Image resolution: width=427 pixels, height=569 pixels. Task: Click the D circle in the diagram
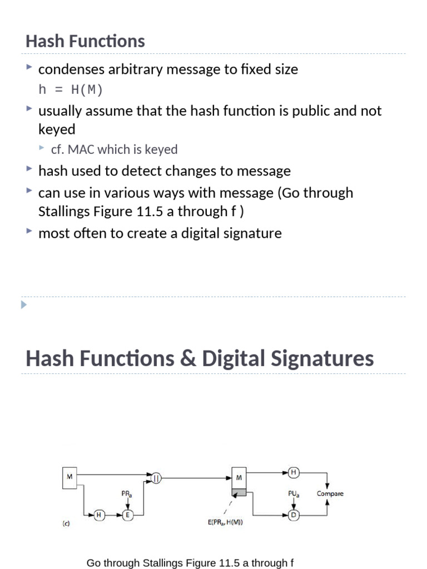pyautogui.click(x=294, y=515)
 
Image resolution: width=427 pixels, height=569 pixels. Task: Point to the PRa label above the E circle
pyautogui.click(x=127, y=493)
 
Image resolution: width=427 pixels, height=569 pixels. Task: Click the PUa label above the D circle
pyautogui.click(x=294, y=493)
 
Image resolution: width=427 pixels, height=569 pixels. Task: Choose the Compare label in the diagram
pyautogui.click(x=330, y=493)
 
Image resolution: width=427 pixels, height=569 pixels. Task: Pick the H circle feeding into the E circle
pyautogui.click(x=98, y=515)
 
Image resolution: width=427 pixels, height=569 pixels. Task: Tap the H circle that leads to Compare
pyautogui.click(x=294, y=473)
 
